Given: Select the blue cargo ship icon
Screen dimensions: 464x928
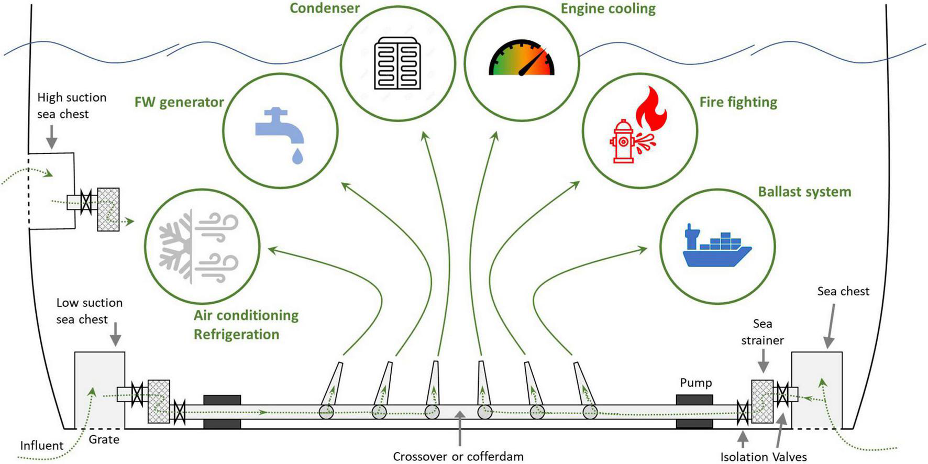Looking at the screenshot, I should point(716,247).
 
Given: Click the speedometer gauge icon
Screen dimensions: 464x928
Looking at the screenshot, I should point(522,59).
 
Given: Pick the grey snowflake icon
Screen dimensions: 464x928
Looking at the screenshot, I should point(176,246).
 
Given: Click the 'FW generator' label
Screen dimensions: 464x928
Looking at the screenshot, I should point(179,102).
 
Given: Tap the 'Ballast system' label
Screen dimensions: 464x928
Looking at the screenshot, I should point(804,192).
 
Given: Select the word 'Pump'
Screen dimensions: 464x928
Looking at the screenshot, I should point(695,383).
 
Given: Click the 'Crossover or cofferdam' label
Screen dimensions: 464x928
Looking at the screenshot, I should point(458,456).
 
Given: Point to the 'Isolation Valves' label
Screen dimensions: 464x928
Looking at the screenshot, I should point(763,457).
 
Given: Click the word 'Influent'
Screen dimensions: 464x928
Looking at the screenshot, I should point(41,446).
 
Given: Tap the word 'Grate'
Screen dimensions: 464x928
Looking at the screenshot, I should point(104,439).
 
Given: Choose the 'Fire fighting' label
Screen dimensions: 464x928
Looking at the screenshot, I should point(738,102).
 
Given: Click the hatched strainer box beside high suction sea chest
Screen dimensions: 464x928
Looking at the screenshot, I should point(108,209).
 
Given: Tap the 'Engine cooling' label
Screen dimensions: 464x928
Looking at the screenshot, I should point(608,9).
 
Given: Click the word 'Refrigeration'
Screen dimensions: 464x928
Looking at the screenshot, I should point(236,335).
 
